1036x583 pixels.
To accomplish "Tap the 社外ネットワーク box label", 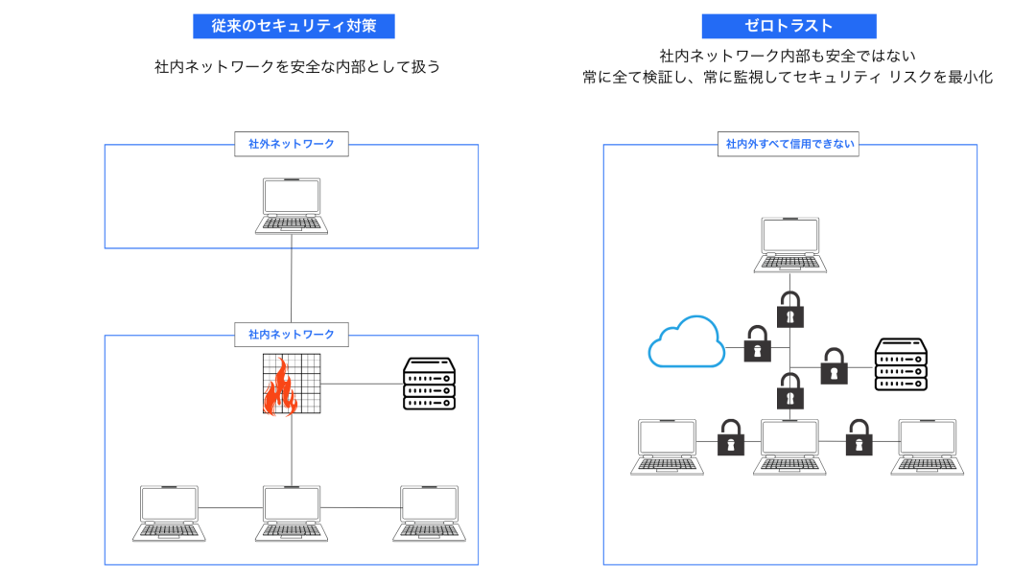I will [x=292, y=145].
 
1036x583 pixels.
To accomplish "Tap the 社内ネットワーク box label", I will [x=292, y=335].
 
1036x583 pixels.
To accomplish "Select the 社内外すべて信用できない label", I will [x=789, y=145].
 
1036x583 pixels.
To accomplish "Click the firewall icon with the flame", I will [x=292, y=385].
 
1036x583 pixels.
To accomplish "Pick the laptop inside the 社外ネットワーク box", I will [x=292, y=206].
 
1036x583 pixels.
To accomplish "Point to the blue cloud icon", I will [x=686, y=342].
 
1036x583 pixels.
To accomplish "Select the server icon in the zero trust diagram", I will [x=902, y=363].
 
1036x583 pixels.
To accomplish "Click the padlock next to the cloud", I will [x=758, y=343].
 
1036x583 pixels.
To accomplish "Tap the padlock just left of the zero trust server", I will [x=834, y=366].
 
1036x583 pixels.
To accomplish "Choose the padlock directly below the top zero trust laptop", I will [x=789, y=309].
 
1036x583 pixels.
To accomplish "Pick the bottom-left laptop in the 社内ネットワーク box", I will [x=169, y=513].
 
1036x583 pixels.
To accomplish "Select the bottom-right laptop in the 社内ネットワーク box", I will [x=430, y=513].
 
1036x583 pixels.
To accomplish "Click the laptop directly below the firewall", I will [x=293, y=513].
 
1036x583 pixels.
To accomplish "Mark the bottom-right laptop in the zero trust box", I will [x=928, y=447].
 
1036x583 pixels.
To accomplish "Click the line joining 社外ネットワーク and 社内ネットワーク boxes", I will [x=292, y=288].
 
